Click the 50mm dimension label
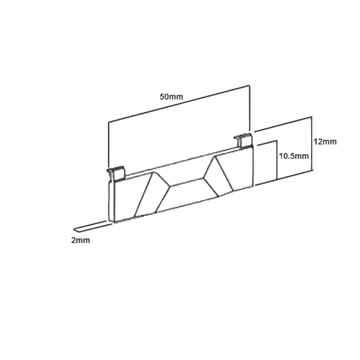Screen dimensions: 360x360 tap(171, 96)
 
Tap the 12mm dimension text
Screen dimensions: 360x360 tap(325, 141)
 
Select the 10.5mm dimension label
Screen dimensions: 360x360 tap(294, 156)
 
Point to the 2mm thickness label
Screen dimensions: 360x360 tap(80, 240)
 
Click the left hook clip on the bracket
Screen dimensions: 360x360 tap(116, 173)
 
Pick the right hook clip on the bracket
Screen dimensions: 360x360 tap(243, 140)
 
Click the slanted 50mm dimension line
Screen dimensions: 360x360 tap(179, 103)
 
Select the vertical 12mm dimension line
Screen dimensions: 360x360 tap(312, 143)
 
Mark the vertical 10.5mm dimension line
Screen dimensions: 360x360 tap(277, 159)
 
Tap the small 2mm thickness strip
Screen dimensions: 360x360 tap(91, 226)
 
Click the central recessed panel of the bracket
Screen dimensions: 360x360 tap(186, 195)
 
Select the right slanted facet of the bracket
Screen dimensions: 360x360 tap(219, 176)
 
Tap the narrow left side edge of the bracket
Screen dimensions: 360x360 tap(111, 200)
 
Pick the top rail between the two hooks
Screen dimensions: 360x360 tap(181, 163)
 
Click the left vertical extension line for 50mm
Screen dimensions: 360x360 tap(109, 145)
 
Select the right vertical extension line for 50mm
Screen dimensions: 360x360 tap(249, 109)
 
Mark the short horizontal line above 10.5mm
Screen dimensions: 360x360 tap(267, 143)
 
